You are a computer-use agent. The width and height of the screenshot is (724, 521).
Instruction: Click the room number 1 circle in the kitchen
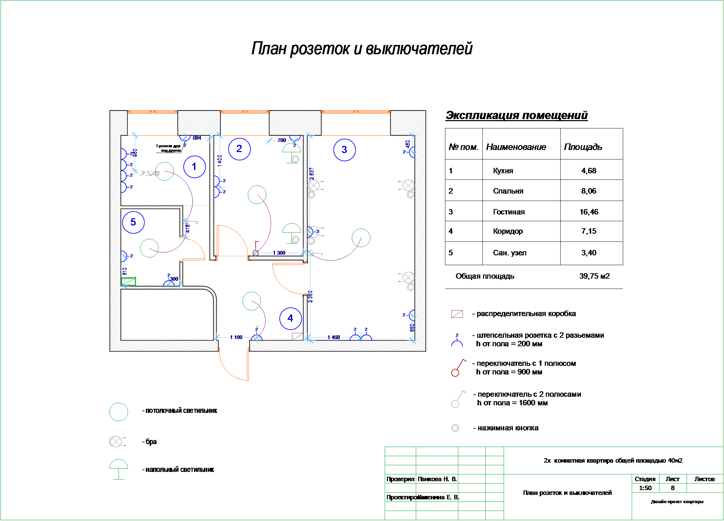(194, 167)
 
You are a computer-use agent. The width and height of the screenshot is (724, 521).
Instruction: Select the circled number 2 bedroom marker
(239, 149)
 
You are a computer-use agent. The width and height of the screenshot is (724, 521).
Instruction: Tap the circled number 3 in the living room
(344, 150)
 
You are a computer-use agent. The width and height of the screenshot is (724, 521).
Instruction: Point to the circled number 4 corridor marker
(290, 319)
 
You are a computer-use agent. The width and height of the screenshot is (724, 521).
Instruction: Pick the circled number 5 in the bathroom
(133, 222)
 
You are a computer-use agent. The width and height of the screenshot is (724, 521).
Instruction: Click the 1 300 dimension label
(279, 253)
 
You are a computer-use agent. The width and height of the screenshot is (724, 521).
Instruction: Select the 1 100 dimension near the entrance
(236, 337)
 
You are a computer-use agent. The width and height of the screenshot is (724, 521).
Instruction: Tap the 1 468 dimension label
(333, 337)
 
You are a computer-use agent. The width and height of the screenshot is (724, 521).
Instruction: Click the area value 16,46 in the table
(589, 212)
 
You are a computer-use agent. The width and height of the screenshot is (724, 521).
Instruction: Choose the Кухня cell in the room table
(503, 171)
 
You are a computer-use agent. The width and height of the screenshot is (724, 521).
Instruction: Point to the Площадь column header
(583, 147)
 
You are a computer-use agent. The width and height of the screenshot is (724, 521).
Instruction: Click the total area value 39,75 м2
(594, 276)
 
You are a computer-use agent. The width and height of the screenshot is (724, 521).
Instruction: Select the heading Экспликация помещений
(516, 115)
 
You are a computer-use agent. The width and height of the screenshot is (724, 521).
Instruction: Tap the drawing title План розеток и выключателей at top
(362, 48)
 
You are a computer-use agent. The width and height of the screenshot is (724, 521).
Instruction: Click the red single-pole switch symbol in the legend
(458, 368)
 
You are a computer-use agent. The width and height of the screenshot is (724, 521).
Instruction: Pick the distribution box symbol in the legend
(457, 314)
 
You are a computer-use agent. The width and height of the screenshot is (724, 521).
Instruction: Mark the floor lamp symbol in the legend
(118, 468)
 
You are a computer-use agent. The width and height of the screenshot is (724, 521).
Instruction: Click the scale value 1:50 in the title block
(645, 488)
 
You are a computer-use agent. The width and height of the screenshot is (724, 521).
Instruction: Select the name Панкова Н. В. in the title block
(437, 479)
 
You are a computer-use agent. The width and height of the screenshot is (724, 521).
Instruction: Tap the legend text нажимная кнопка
(508, 428)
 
